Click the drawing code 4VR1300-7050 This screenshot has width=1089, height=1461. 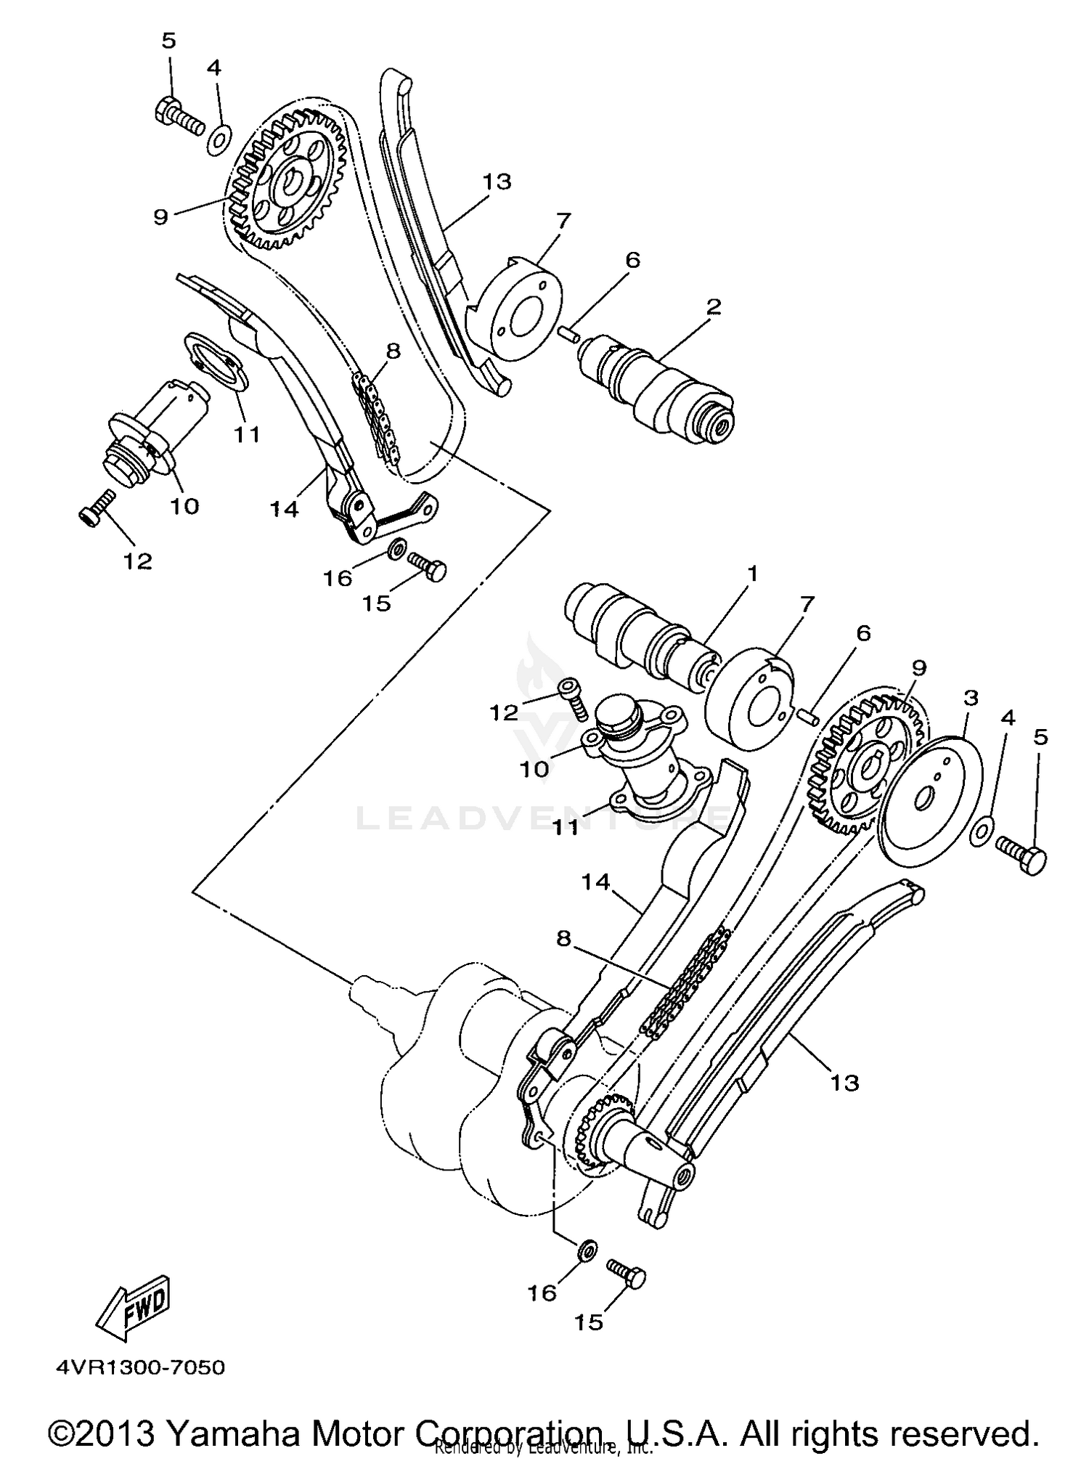click(x=141, y=1368)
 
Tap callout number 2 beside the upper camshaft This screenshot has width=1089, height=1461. click(x=714, y=307)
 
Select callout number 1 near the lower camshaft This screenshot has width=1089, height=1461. click(x=752, y=574)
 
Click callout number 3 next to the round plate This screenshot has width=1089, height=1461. click(x=971, y=699)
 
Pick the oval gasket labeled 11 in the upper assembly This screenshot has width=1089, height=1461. click(x=217, y=362)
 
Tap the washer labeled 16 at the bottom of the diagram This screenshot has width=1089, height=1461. click(x=587, y=1250)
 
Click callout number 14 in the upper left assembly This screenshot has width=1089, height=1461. click(x=285, y=509)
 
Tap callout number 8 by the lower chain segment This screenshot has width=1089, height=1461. click(x=563, y=939)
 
